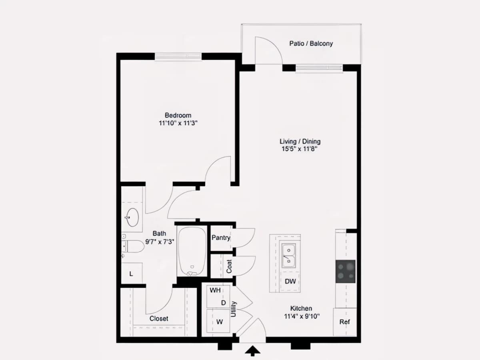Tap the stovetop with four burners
pos(346,271)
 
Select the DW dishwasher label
pos(290,281)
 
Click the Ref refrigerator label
pos(345,322)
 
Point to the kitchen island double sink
pos(289,256)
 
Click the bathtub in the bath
pos(192,251)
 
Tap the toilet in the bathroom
pos(133,246)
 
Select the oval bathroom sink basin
pos(132,217)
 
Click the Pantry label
pos(221,238)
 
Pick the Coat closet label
pos(229,266)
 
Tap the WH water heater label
pos(215,290)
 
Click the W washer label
pos(220,322)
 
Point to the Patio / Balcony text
pos(311,44)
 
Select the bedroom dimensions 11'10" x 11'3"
pos(178,123)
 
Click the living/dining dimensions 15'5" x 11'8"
pos(299,149)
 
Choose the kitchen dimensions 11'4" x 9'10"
pos(302,316)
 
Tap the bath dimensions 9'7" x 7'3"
pos(160,242)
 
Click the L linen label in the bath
pos(131,274)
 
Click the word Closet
pos(159,318)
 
